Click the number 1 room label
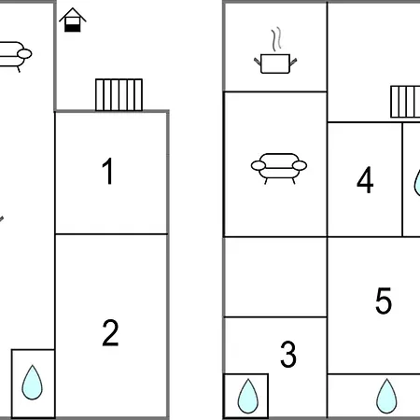coord(107,171)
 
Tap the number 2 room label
coord(110,333)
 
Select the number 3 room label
coord(288,354)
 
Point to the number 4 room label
coord(365,179)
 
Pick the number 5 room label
coord(384,301)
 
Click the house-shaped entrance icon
coord(73,20)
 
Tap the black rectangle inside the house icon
coord(73,28)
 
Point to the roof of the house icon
coord(73,15)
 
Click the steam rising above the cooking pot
coord(276,39)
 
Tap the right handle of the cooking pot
coord(293,61)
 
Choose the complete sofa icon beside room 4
coord(279,168)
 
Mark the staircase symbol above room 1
coord(119,95)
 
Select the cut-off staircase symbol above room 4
coord(405,102)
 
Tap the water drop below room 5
coord(386,396)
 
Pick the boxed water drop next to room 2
coord(32,383)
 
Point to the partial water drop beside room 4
coord(417,183)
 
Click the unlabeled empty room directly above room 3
coord(275,277)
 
